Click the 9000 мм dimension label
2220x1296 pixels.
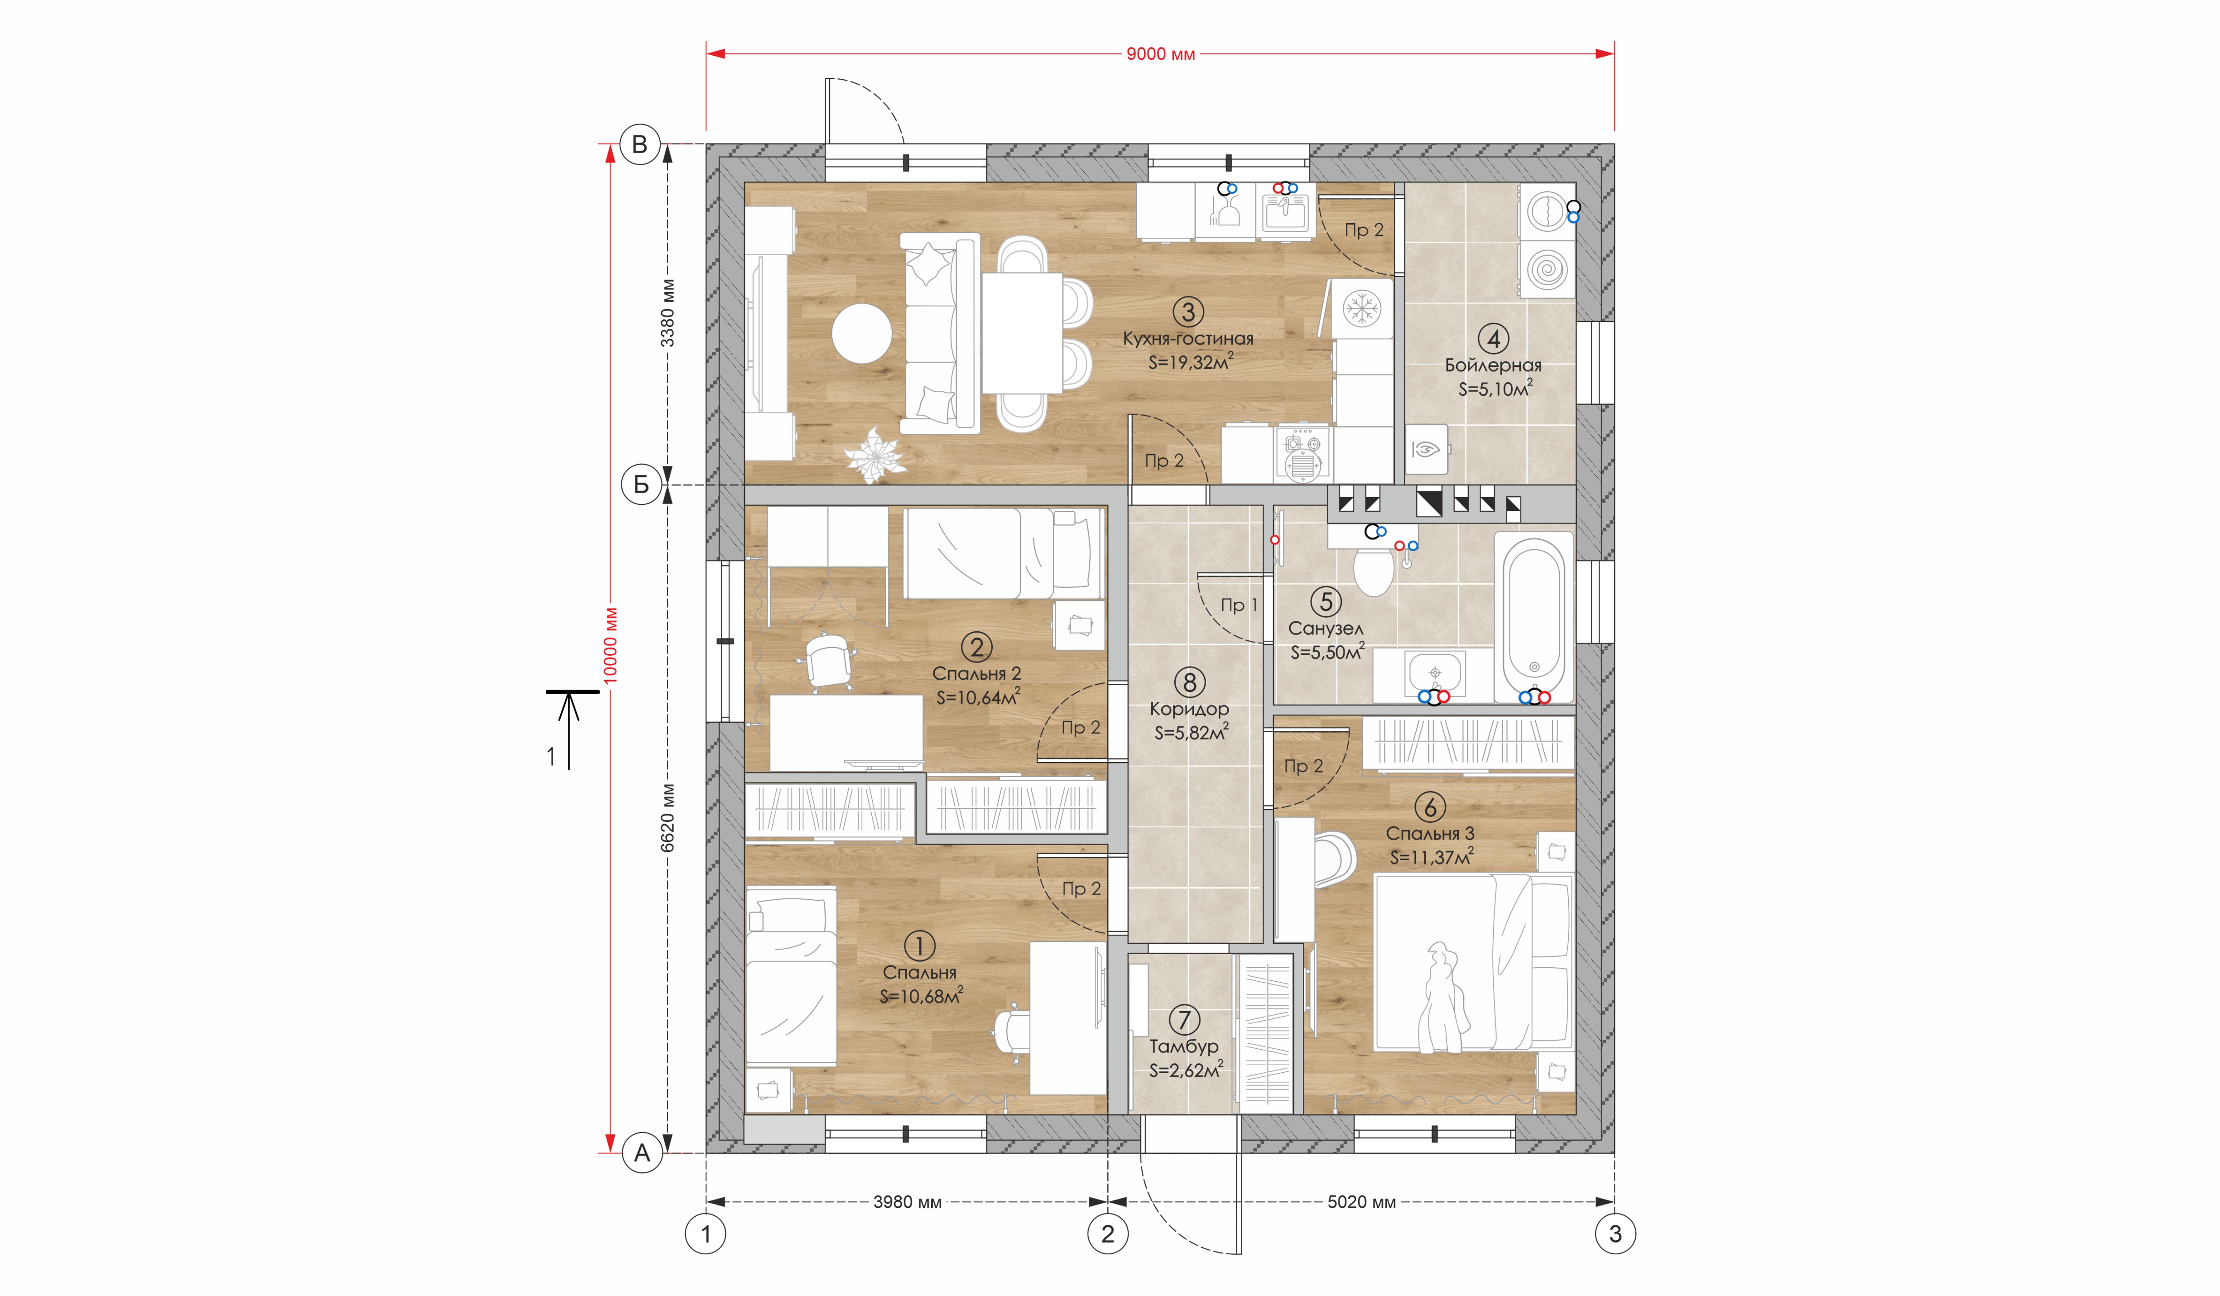click(x=1160, y=54)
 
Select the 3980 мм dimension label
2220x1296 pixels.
click(x=908, y=1202)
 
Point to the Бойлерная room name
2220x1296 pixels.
click(x=1493, y=365)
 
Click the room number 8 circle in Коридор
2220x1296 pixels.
click(x=1189, y=682)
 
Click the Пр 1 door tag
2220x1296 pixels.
click(x=1239, y=605)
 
